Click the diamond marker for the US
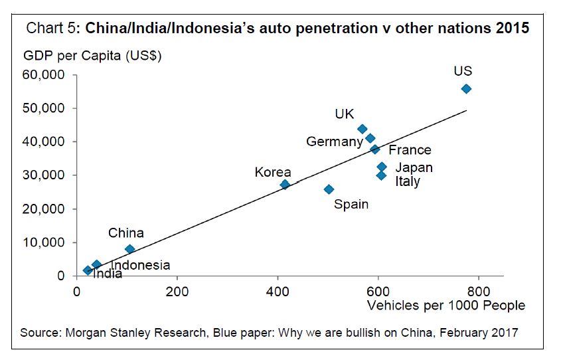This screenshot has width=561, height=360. click(466, 88)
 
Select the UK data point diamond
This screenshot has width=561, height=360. click(362, 129)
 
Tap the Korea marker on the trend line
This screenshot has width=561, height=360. click(285, 184)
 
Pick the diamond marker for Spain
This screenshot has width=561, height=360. click(329, 189)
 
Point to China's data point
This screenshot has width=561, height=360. click(129, 249)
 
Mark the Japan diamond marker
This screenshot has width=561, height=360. click(382, 167)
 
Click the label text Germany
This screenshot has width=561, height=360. click(334, 141)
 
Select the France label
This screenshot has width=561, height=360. click(410, 150)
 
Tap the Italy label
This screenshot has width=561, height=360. click(407, 181)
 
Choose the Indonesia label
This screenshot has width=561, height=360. click(140, 265)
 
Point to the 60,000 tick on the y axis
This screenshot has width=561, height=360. click(45, 75)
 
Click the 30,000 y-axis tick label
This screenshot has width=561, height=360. click(45, 175)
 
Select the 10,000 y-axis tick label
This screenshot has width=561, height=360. click(45, 242)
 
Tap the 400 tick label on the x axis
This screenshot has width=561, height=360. click(278, 290)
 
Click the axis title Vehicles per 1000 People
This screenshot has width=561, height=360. click(445, 306)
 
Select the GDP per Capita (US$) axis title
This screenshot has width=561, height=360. click(94, 55)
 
